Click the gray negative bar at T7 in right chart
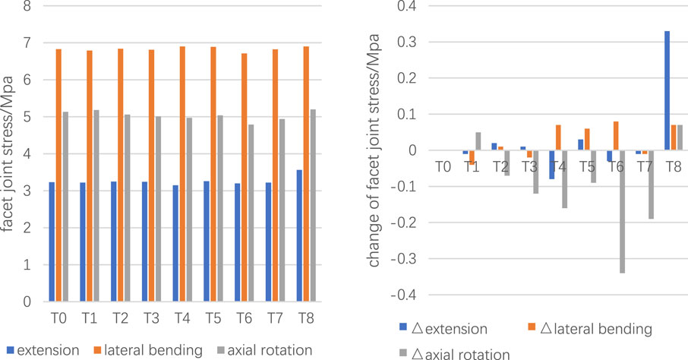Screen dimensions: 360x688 pos(651,185)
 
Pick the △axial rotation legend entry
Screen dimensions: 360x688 pos(454,352)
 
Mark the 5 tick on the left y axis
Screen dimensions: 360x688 pos(27,118)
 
